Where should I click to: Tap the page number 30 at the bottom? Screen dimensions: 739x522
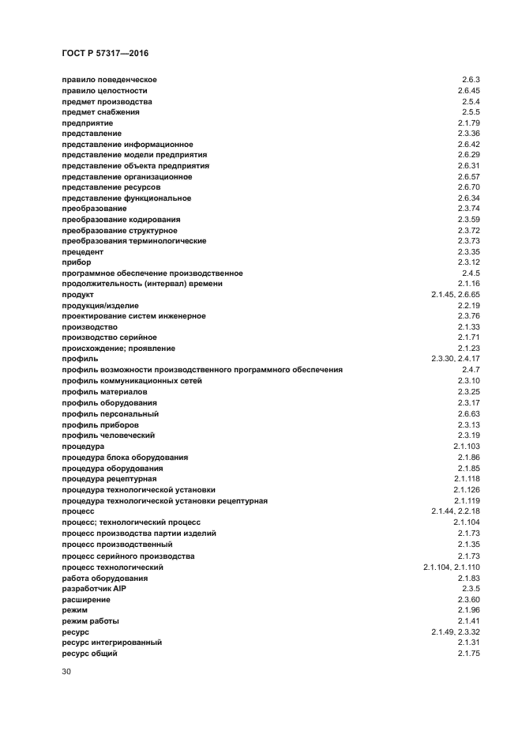[66, 672]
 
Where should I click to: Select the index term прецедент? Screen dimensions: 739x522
[83, 251]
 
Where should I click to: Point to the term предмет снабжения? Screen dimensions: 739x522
[100, 112]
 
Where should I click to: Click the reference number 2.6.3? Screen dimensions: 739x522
[471, 80]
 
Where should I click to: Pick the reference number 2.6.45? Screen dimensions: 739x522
[468, 91]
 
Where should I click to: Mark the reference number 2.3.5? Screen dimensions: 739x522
[471, 589]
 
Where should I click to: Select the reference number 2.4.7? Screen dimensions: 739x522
[471, 370]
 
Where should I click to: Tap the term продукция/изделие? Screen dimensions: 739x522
[100, 305]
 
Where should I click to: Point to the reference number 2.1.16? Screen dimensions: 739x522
[468, 284]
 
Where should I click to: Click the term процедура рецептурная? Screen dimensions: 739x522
[109, 479]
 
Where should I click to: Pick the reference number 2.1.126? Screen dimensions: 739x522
[467, 490]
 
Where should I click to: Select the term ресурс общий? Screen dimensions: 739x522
[89, 654]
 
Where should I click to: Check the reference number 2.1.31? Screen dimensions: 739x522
[468, 643]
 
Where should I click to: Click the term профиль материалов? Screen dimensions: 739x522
[104, 391]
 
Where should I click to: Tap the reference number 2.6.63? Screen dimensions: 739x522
[468, 413]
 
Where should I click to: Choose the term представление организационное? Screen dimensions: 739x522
[127, 176]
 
